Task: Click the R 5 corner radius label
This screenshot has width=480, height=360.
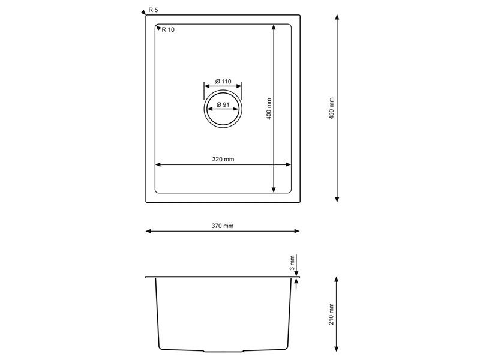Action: coord(154,11)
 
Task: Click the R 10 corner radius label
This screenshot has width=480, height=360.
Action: coord(168,29)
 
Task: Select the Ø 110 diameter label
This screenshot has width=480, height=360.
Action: coord(223,82)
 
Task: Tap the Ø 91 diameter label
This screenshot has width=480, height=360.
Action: coord(223,106)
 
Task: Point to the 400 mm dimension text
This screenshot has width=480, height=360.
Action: coord(269,109)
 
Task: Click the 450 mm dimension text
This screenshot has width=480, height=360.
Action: coord(332,109)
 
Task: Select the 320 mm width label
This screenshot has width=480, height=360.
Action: coord(223,160)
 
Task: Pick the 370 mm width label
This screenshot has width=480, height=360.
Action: coord(223,226)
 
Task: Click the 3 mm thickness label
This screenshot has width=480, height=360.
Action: coord(292,262)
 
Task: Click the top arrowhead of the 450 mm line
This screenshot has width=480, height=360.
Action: coord(337,18)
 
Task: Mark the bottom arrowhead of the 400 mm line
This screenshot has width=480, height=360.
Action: coord(274,190)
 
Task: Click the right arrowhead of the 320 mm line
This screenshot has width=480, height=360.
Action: coord(289,164)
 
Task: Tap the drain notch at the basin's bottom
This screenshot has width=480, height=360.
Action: coord(223,350)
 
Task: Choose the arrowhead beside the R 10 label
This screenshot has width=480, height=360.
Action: coord(158,28)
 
